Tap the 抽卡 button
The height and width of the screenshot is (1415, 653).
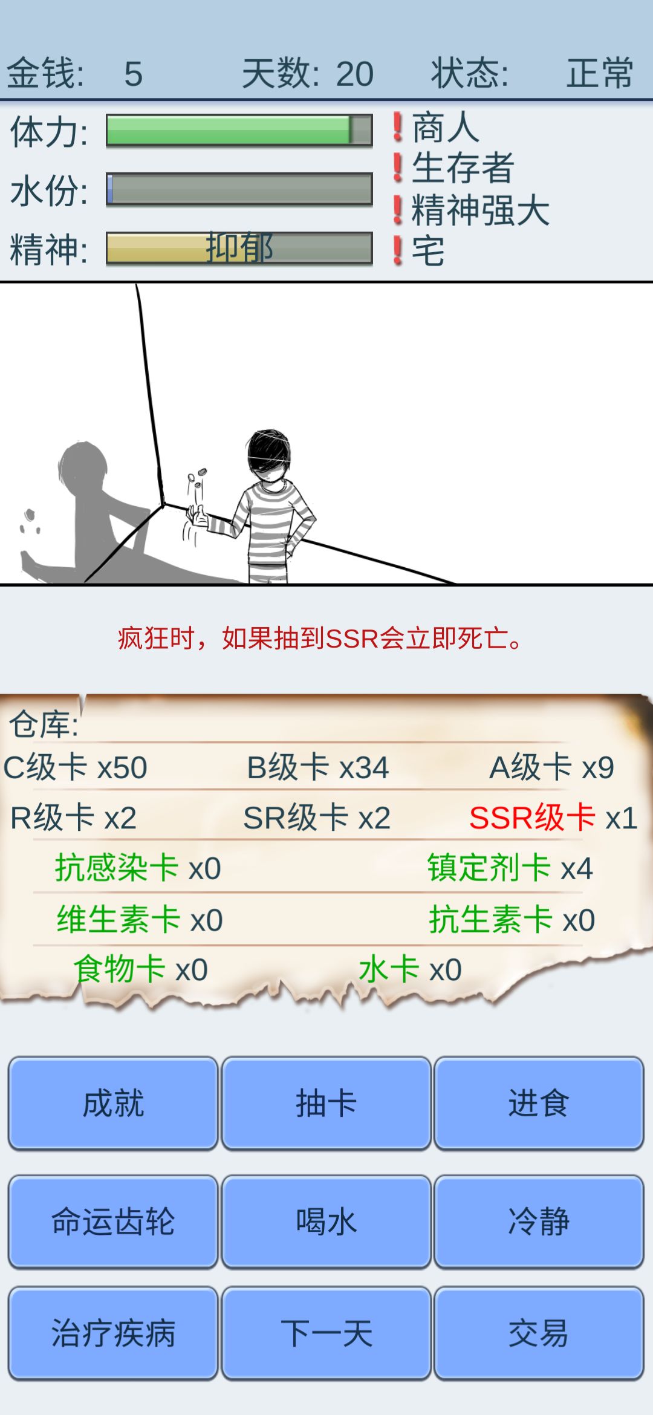(x=326, y=1103)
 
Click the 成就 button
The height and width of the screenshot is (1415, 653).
(x=113, y=1103)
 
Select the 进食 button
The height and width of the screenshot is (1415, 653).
(x=539, y=1103)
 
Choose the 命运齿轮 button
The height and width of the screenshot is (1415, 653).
(x=113, y=1221)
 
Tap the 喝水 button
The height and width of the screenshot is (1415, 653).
(x=326, y=1221)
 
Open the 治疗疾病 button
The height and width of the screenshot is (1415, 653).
(x=113, y=1333)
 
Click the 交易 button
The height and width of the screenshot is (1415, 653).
(x=539, y=1333)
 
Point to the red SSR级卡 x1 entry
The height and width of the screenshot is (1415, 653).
(x=553, y=818)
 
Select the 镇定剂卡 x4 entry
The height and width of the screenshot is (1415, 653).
(x=510, y=868)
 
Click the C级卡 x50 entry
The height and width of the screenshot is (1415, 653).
(x=76, y=767)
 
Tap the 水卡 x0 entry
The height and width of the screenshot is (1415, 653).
(x=411, y=969)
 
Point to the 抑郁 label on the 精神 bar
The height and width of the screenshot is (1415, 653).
(x=239, y=247)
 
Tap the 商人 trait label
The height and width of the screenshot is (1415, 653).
(x=446, y=128)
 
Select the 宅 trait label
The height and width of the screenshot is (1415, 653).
(x=428, y=251)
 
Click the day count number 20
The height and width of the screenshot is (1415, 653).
(x=355, y=74)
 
